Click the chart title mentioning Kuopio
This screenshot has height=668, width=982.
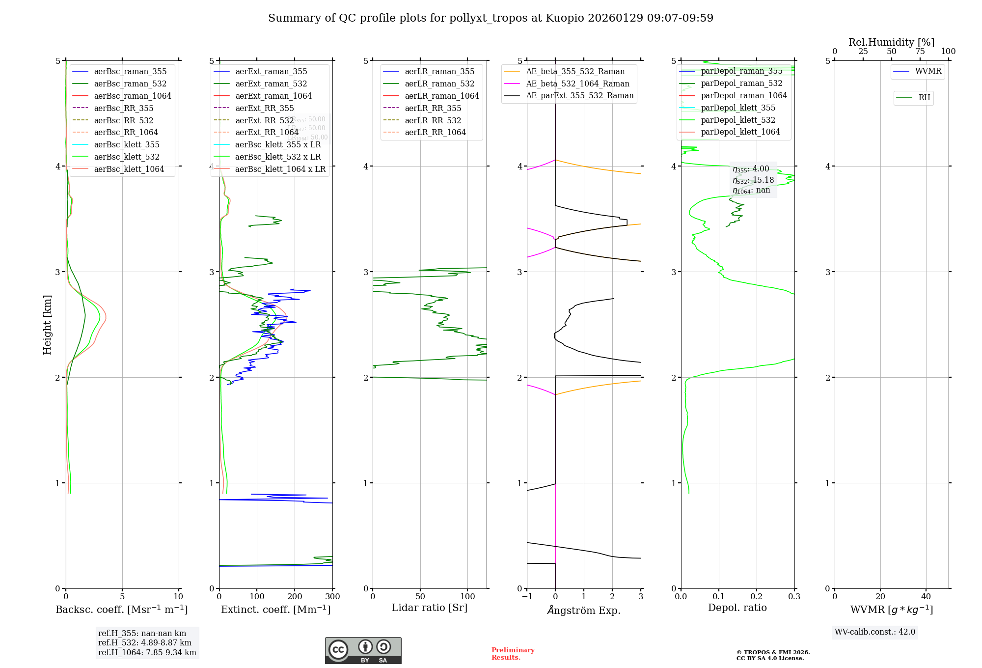coord(491,18)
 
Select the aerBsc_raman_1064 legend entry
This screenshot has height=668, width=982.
coord(133,96)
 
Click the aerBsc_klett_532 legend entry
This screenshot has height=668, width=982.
coord(127,157)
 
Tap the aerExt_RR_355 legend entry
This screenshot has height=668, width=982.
coord(264,108)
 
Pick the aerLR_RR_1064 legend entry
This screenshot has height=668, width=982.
coord(435,132)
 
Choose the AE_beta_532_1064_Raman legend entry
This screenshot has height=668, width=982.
coord(577,83)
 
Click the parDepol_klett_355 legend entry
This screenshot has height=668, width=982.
coord(738,108)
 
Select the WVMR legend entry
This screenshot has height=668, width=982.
coord(928,71)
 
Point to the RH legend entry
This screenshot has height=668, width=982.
coord(924,98)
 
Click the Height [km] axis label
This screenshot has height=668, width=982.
coord(47,324)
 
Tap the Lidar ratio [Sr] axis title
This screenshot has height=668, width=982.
coord(430,608)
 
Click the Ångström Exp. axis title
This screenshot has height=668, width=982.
coord(584,610)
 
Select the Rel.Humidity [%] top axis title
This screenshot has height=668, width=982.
coord(891,42)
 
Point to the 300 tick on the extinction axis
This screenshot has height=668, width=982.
coord(332,596)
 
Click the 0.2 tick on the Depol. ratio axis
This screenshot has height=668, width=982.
coord(757,596)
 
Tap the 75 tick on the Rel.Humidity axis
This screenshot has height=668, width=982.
coord(920,52)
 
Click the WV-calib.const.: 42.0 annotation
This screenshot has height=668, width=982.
coord(874,632)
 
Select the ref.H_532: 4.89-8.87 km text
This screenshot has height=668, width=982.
coord(145,642)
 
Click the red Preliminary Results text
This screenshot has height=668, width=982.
coord(513,653)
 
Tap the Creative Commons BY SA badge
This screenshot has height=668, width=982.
coord(363,650)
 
